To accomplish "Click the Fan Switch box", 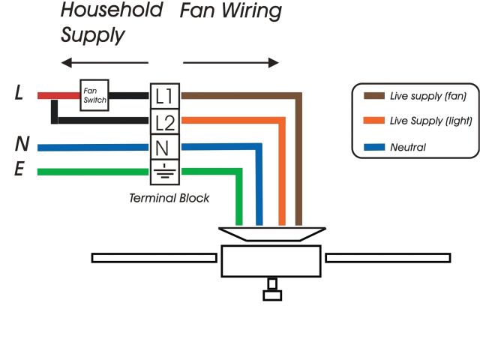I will click(95, 95).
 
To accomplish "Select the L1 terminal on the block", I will click(165, 95).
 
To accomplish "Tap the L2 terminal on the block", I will click(165, 121).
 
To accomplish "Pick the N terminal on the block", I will click(165, 146).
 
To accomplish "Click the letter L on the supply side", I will click(20, 94).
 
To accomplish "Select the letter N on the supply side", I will click(22, 144).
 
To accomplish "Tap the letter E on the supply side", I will click(21, 170).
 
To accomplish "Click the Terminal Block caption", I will click(169, 198).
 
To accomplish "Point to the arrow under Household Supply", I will click(104, 62).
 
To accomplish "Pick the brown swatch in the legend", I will click(373, 96).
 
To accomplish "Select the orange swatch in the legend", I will click(373, 121).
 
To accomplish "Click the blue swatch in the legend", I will click(373, 147).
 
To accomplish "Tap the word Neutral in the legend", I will click(408, 148).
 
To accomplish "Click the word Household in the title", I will click(112, 10).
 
